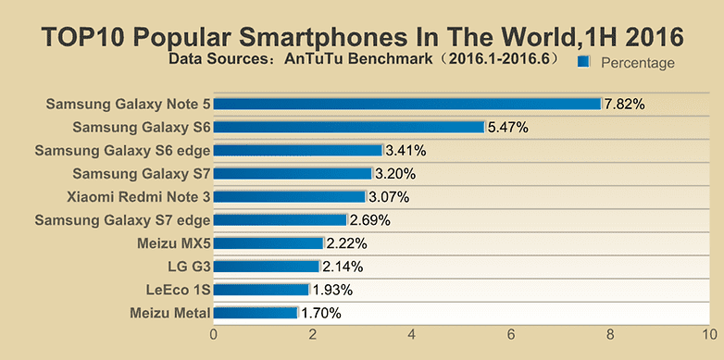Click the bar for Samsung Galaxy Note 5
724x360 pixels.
pyautogui.click(x=407, y=104)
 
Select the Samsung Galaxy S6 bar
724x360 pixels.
pyautogui.click(x=349, y=127)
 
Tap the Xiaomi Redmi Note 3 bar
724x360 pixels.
pyautogui.click(x=290, y=196)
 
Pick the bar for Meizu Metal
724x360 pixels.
pyautogui.click(x=256, y=313)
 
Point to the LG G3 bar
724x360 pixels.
pyautogui.click(x=267, y=267)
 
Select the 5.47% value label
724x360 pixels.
pyautogui.click(x=507, y=127)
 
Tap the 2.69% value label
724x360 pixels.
pyautogui.click(x=369, y=220)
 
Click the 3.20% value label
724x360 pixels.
pyautogui.click(x=395, y=173)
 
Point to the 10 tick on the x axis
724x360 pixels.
pyautogui.click(x=708, y=336)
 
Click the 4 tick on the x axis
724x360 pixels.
pyautogui.click(x=412, y=336)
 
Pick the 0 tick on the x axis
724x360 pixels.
pyautogui.click(x=214, y=336)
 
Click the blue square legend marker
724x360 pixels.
pyautogui.click(x=583, y=62)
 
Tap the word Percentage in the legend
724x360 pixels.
pyautogui.click(x=637, y=62)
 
